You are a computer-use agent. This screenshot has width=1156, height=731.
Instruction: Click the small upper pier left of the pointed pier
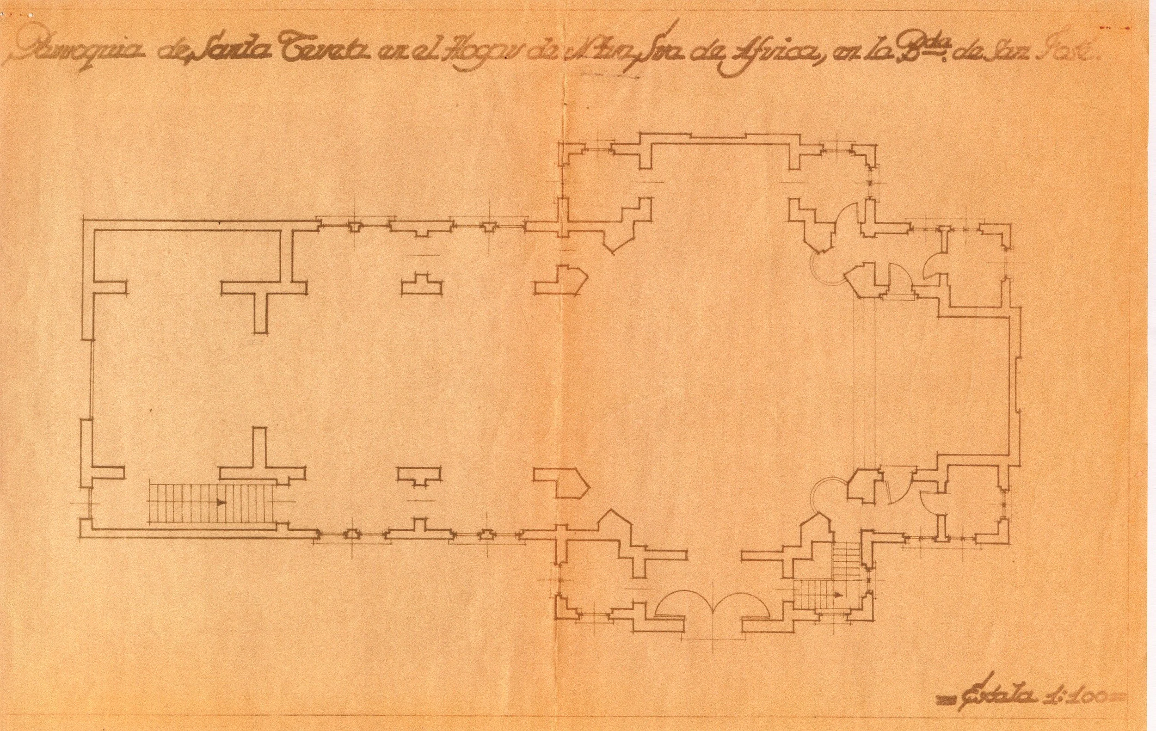pyautogui.click(x=422, y=285)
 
